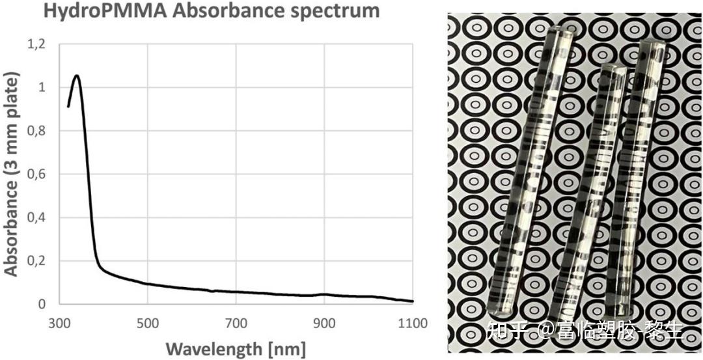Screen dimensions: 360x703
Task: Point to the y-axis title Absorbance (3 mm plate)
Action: click(11, 174)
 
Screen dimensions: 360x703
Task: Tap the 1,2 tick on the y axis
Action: click(37, 44)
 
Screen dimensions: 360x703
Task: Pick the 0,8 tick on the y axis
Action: click(37, 131)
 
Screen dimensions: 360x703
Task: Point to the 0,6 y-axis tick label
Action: click(37, 174)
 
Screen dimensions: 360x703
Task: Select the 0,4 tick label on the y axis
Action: click(37, 217)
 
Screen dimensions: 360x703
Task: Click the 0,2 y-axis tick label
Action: click(37, 261)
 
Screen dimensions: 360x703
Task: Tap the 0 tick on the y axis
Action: click(42, 304)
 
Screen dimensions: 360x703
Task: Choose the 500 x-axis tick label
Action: click(148, 323)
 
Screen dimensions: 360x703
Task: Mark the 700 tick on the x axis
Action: click(236, 323)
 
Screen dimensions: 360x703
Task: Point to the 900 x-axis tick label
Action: click(324, 323)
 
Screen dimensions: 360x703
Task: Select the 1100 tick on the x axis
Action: click(411, 323)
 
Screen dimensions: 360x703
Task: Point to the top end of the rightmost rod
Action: click(653, 46)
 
